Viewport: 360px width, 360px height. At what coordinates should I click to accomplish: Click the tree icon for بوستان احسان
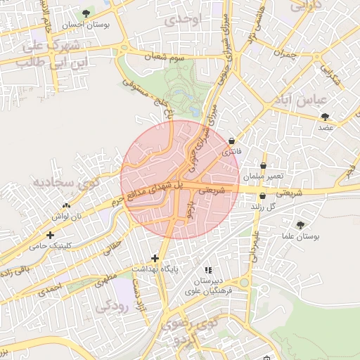86,13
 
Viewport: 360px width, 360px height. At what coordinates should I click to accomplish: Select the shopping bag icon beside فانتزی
232,140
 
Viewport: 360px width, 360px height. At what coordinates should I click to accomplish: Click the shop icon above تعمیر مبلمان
263,166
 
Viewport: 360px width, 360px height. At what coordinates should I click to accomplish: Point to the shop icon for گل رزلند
262,195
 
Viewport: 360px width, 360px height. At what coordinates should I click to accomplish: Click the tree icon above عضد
325,117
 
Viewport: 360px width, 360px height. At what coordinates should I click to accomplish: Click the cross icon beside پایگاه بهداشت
155,258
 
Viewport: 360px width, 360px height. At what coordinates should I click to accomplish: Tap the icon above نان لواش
66,205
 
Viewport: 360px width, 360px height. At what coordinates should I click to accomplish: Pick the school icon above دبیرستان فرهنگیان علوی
207,269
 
